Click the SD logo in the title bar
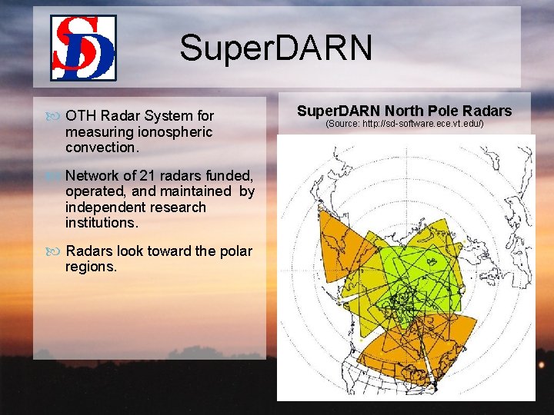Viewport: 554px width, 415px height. point(83,48)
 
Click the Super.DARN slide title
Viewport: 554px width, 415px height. point(275,48)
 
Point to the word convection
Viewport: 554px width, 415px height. point(101,146)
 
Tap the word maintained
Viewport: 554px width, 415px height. point(195,191)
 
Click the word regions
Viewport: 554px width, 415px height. point(91,267)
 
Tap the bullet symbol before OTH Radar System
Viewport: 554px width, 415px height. point(53,117)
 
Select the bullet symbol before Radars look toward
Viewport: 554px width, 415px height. point(53,252)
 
